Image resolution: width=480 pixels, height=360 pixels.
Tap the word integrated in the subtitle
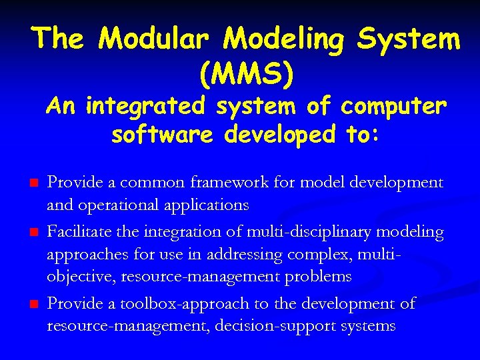(x=138, y=106)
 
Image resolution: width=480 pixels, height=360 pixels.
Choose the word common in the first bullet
(x=143, y=183)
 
